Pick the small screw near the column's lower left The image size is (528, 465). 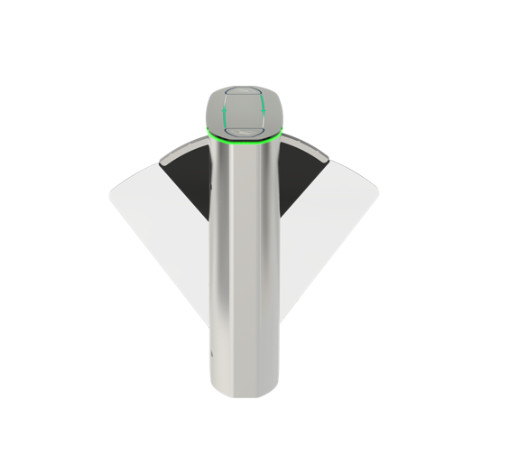[210, 353]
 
